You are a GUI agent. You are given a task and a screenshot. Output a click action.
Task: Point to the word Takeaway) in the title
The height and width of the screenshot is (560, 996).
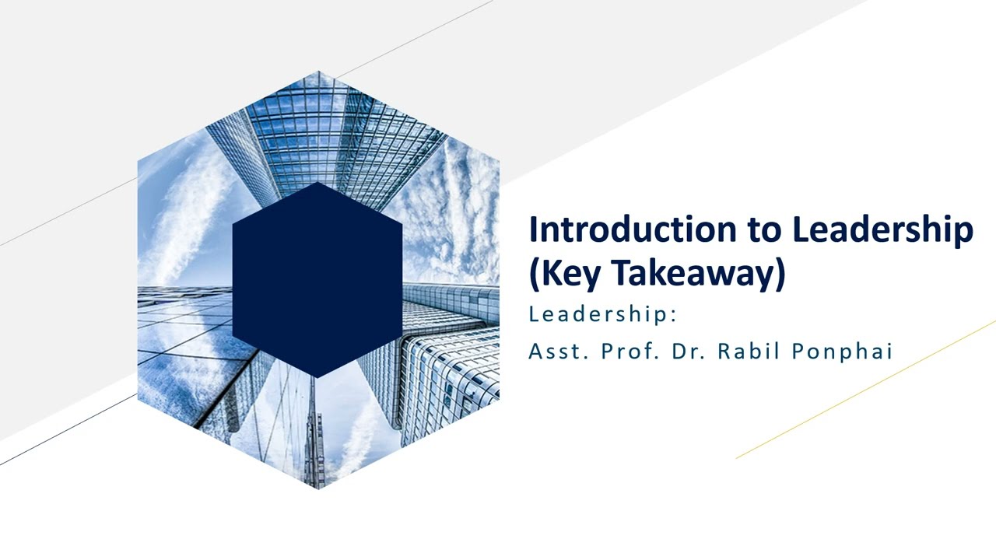coord(697,273)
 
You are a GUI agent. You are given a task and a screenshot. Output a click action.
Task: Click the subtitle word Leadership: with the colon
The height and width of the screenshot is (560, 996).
coord(603,314)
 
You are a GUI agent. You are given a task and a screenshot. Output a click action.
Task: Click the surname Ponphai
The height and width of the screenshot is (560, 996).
coord(842,352)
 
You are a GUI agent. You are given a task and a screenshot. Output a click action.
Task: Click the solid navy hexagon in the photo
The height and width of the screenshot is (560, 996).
coord(317,280)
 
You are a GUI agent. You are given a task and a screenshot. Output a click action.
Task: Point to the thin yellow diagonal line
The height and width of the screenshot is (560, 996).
coord(864,390)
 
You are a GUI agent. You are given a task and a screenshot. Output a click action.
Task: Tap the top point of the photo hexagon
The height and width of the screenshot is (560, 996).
coord(318,72)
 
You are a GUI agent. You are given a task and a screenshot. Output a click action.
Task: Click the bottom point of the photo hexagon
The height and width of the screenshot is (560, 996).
coord(318,488)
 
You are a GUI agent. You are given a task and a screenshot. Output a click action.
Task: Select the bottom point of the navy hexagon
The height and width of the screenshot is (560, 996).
coord(317,377)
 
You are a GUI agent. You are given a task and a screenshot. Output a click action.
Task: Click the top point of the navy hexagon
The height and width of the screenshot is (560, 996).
coord(317,183)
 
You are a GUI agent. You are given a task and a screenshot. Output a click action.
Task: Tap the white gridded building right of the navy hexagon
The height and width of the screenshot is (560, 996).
coord(451,366)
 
